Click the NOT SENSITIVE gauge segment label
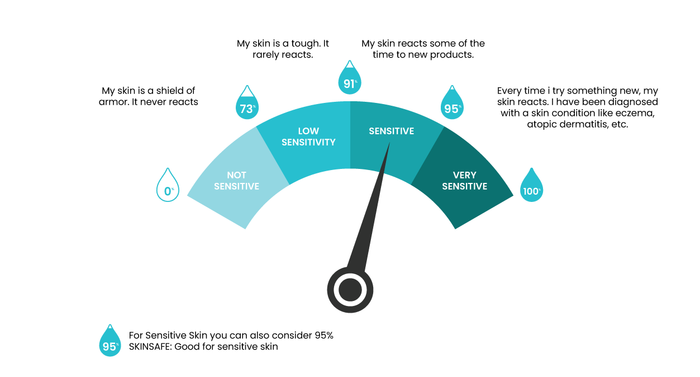[236, 181]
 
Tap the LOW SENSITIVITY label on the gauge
[308, 136]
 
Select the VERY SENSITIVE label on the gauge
[465, 181]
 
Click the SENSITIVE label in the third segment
[392, 131]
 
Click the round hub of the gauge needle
[350, 290]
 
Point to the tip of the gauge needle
[390, 143]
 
